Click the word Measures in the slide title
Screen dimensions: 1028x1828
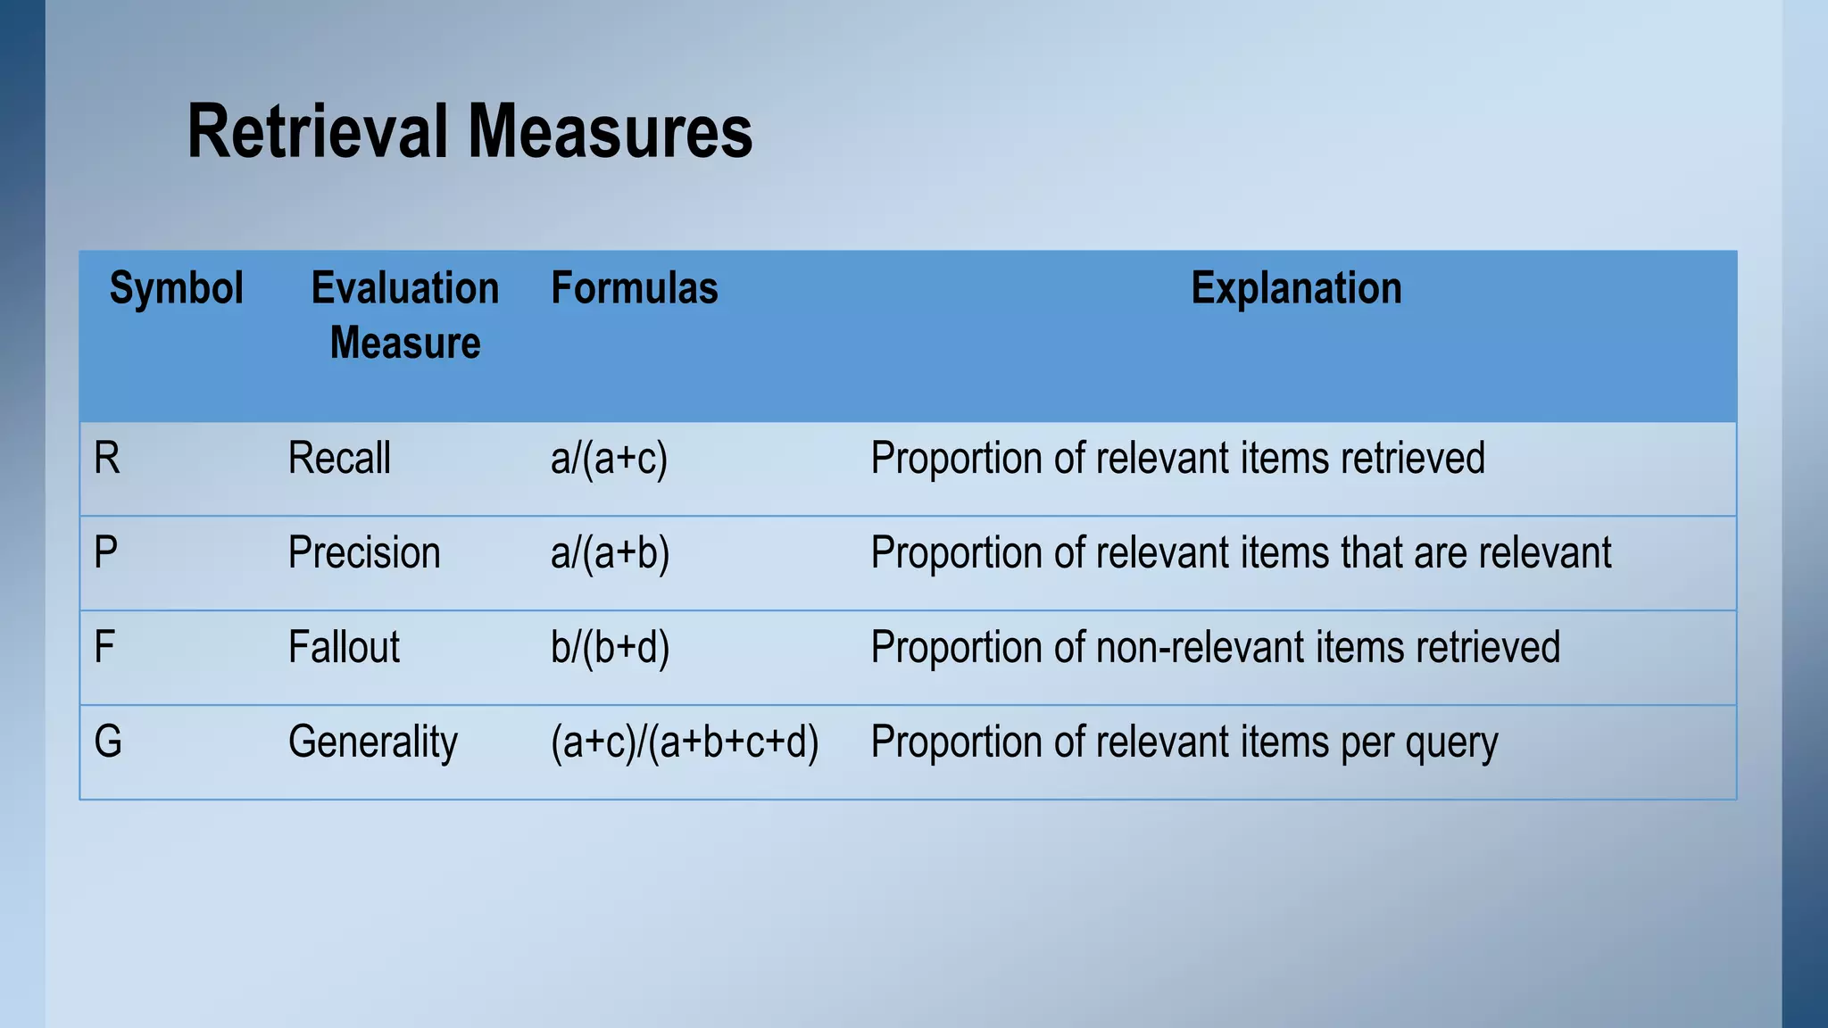click(611, 132)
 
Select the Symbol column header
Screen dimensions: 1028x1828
click(176, 288)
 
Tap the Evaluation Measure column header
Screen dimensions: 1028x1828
click(405, 315)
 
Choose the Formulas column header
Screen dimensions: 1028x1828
click(634, 288)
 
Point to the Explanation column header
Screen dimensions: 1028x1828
click(1296, 288)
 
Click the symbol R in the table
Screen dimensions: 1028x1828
click(106, 459)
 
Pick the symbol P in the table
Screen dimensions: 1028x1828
click(105, 553)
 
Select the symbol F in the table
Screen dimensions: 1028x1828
click(104, 648)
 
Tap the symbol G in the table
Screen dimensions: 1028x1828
click(107, 742)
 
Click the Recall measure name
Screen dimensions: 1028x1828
click(339, 459)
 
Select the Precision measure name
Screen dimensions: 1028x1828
click(364, 553)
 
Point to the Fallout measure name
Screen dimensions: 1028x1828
click(344, 648)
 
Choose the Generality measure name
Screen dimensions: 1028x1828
click(372, 742)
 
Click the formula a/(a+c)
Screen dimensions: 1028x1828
click(609, 460)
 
